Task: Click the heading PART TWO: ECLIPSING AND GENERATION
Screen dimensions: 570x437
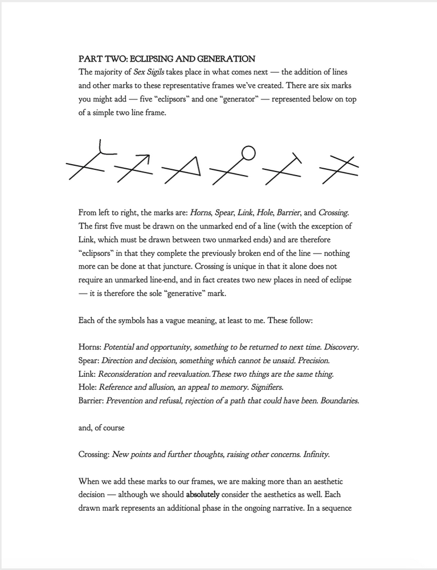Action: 166,59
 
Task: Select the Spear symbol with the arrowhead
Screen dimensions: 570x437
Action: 134,168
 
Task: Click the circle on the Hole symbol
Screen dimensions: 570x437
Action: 248,152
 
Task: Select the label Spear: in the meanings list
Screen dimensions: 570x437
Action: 89,361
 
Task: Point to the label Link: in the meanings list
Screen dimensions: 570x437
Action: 87,374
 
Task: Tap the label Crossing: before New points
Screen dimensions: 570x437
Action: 94,454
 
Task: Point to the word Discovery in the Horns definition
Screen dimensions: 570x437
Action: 339,347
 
